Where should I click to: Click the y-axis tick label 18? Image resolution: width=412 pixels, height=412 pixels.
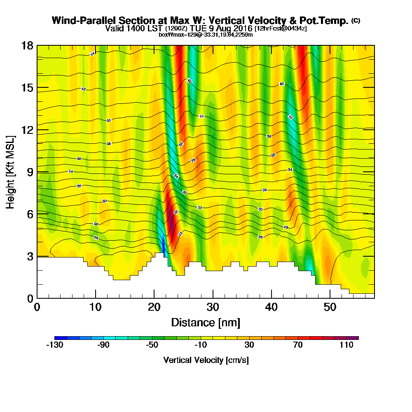click(28, 45)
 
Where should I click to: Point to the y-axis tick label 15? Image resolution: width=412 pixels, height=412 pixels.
click(28, 88)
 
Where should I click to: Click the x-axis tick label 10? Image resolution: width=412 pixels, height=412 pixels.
click(95, 307)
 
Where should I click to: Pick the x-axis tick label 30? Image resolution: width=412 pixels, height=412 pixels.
click(212, 307)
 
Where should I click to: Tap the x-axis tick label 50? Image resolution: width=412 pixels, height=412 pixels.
click(330, 307)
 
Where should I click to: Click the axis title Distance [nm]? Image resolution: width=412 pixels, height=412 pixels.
click(206, 322)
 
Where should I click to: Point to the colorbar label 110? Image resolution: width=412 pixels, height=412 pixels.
click(346, 345)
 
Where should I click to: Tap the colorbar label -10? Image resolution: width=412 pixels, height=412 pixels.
click(201, 345)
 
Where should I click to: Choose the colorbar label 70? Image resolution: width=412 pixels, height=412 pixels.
click(298, 345)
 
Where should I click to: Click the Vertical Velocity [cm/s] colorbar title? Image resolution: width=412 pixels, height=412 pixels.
click(206, 360)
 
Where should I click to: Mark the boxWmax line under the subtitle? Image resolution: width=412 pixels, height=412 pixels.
click(206, 35)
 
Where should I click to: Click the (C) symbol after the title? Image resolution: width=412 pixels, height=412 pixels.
click(355, 20)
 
